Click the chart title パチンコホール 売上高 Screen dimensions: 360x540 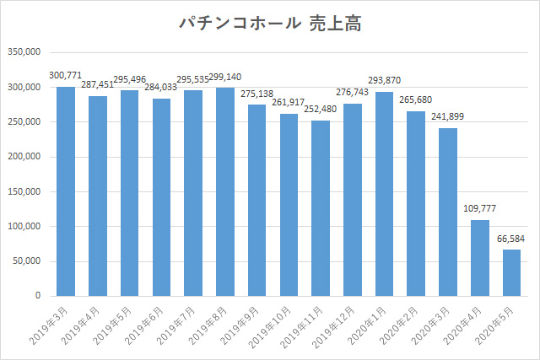pos(270,23)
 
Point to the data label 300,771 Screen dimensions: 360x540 pos(67,77)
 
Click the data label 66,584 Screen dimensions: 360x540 pos(512,240)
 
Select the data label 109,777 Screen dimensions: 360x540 pos(480,210)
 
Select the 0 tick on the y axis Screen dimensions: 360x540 pos(39,296)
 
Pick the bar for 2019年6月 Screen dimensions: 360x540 pos(162,197)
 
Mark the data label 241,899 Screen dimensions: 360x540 pos(448,117)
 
